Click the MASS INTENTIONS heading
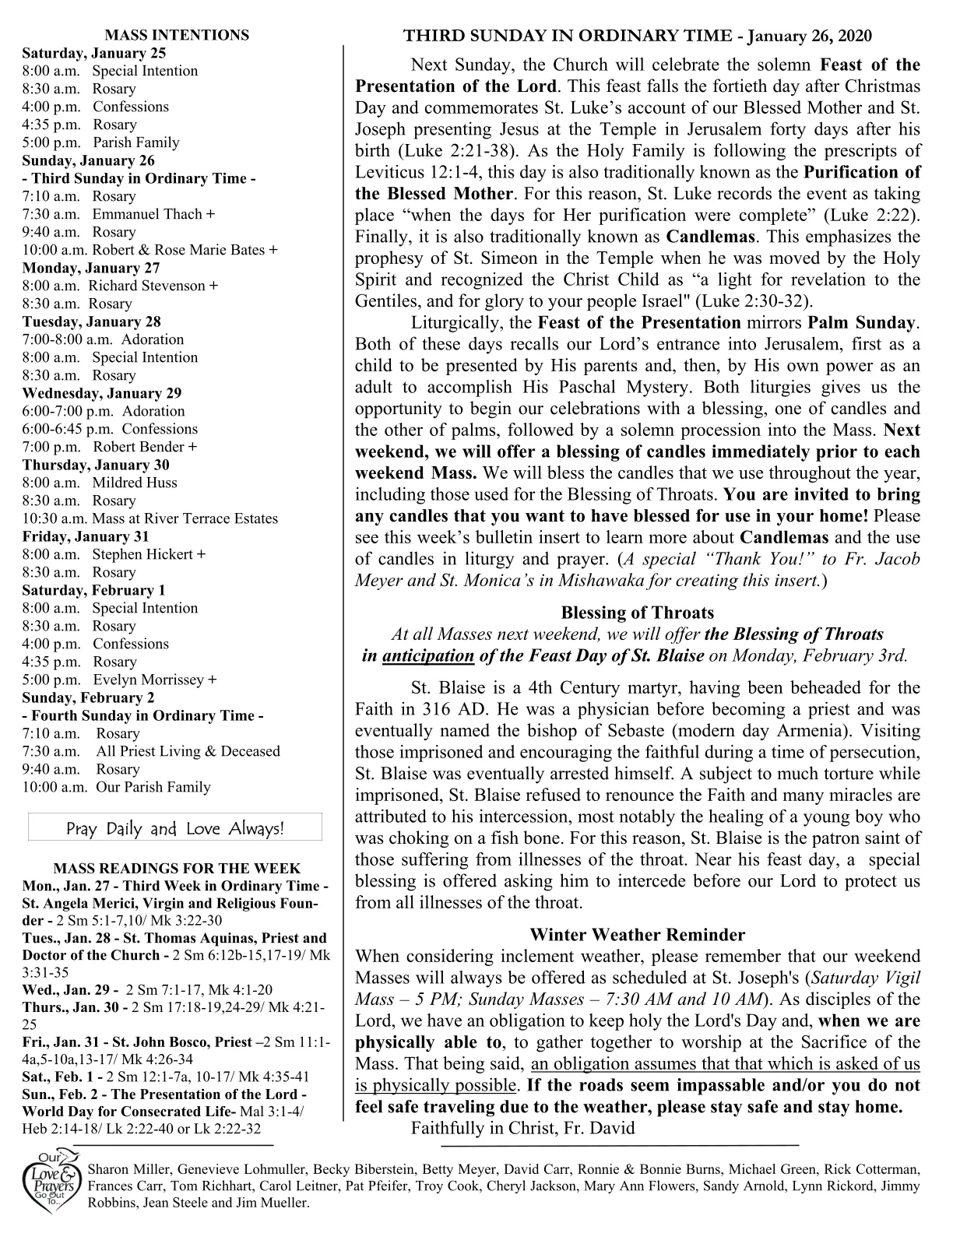(x=177, y=35)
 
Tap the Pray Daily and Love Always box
(x=175, y=828)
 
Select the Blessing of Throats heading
(x=637, y=613)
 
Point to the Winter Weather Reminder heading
(x=637, y=935)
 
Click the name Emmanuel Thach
(x=147, y=214)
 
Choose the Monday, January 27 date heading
(x=91, y=268)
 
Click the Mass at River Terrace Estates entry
(x=185, y=518)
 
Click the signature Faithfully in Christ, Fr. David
(x=522, y=1128)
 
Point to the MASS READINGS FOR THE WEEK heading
(x=176, y=869)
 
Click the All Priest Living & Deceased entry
(x=188, y=751)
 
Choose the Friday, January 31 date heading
(x=86, y=536)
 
